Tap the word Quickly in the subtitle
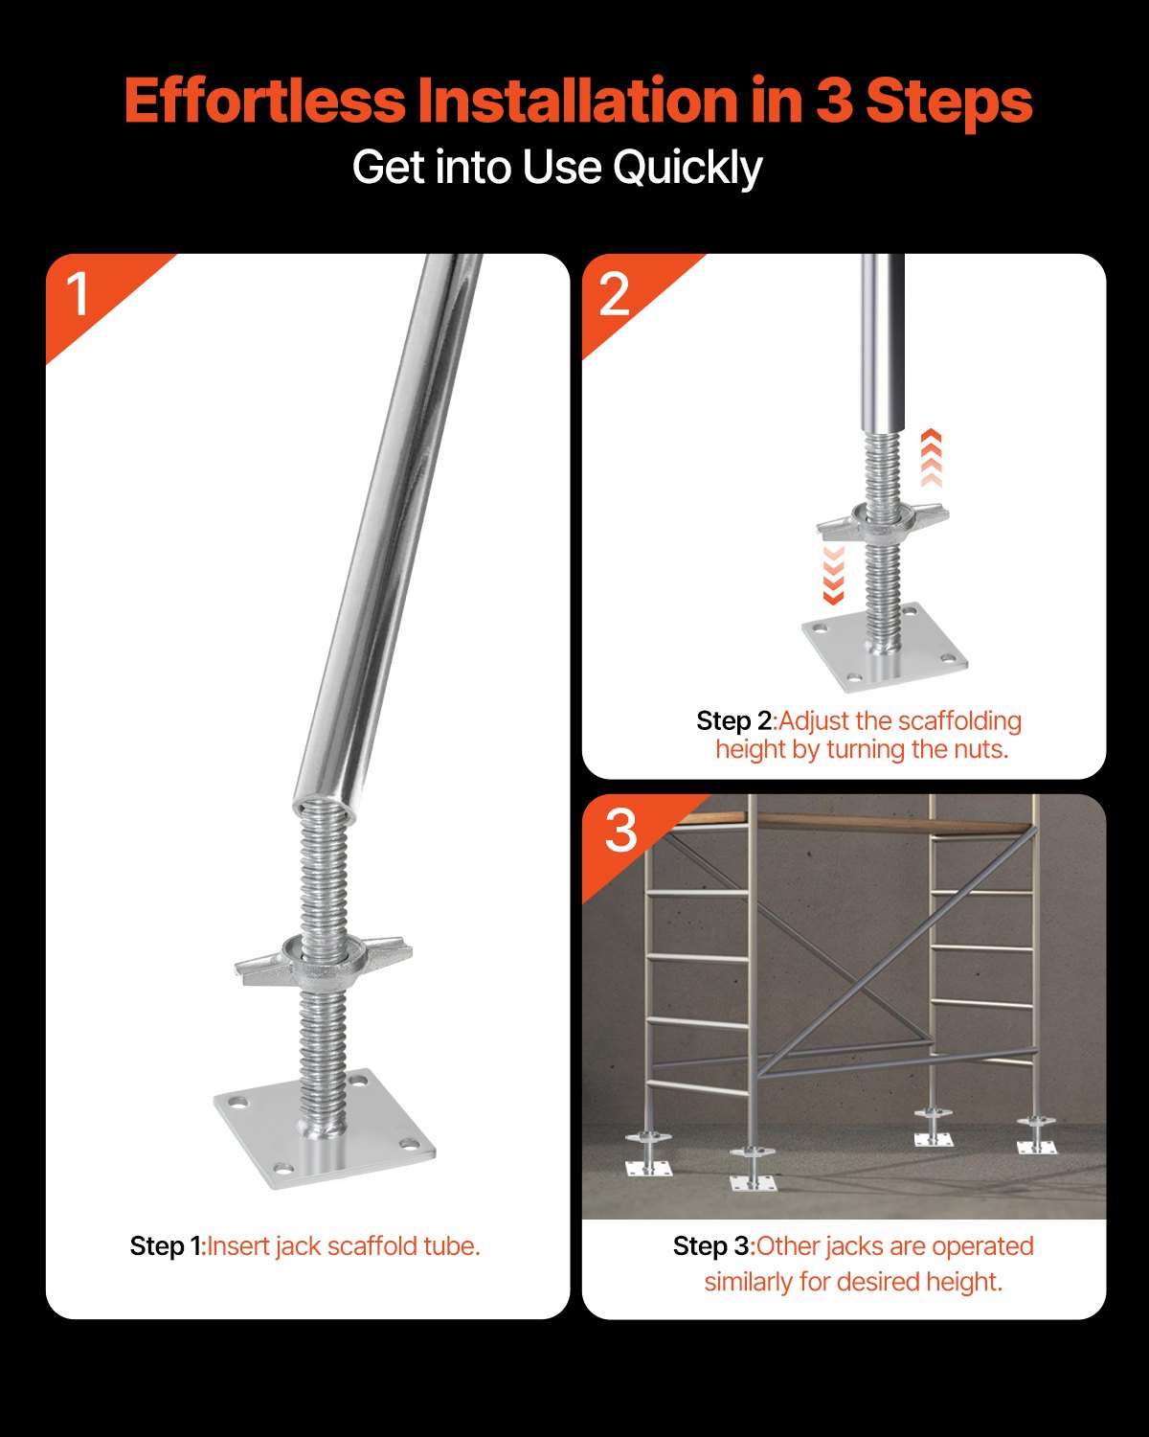pos(687,168)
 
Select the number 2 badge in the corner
pos(614,294)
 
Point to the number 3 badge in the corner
pos(620,831)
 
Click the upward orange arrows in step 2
pos(931,458)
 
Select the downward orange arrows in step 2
pos(833,576)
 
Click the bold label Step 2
pos(733,721)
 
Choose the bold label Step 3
pos(712,1246)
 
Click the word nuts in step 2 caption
pos(981,749)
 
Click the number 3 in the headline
pos(833,102)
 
